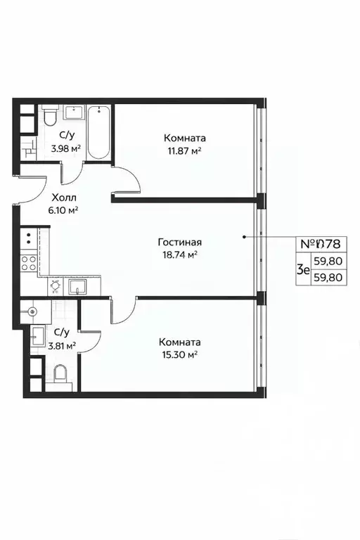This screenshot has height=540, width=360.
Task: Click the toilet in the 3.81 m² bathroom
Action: pos(60,375)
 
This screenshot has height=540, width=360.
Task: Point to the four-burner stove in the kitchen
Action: pos(29,263)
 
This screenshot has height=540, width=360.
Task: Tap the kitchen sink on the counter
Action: pos(77,285)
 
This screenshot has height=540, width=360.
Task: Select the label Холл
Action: pos(64,198)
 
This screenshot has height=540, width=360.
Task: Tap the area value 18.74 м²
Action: pos(177,254)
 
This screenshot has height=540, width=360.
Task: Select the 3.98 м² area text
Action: pos(68,148)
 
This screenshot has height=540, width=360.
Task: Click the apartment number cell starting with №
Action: pos(321,244)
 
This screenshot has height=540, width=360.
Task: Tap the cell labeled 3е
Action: pos(303,269)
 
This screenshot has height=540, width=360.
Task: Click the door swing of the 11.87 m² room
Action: pos(127,179)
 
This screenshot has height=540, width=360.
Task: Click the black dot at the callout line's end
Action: pos(245,237)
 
